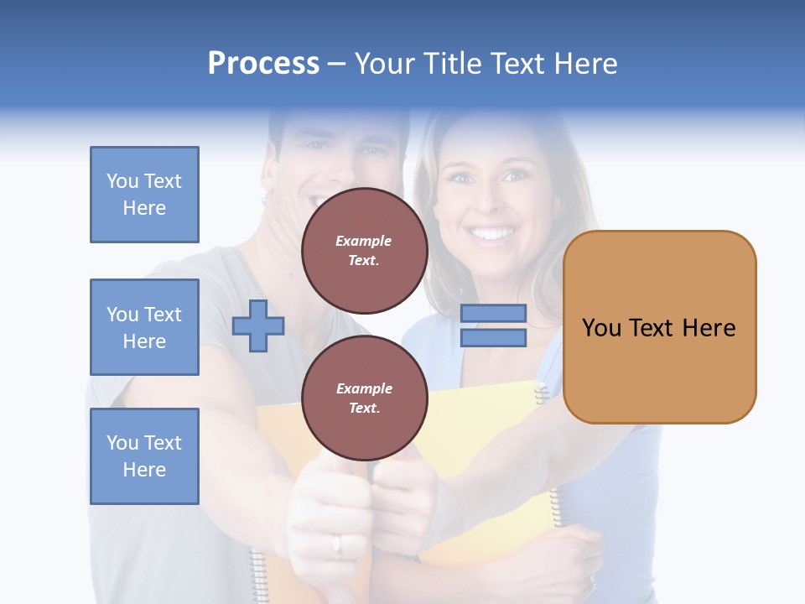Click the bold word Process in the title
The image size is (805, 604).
coord(263,64)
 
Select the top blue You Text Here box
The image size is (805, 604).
coord(144,195)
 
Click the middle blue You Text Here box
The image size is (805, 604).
coord(144,327)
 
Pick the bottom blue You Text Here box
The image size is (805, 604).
coord(144,456)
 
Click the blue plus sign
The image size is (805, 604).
coord(258,325)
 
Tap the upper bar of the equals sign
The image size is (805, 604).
coord(493,314)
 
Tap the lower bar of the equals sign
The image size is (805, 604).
coord(493,337)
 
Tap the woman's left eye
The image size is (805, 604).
coord(515,176)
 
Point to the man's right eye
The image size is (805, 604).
coord(316,146)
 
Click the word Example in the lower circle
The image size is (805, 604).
coord(364,388)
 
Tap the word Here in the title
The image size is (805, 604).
coord(584,64)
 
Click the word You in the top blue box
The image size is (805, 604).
coord(122,181)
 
